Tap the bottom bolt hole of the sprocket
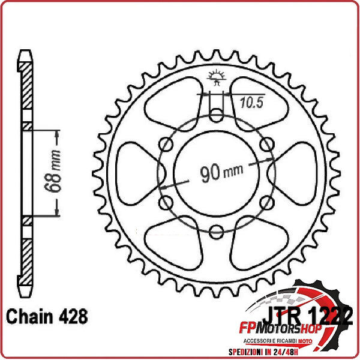(216, 232)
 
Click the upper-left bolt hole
(164, 145)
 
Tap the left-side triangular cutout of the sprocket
(135, 172)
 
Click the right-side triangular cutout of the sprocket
(296, 172)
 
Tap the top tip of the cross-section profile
(25, 52)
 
